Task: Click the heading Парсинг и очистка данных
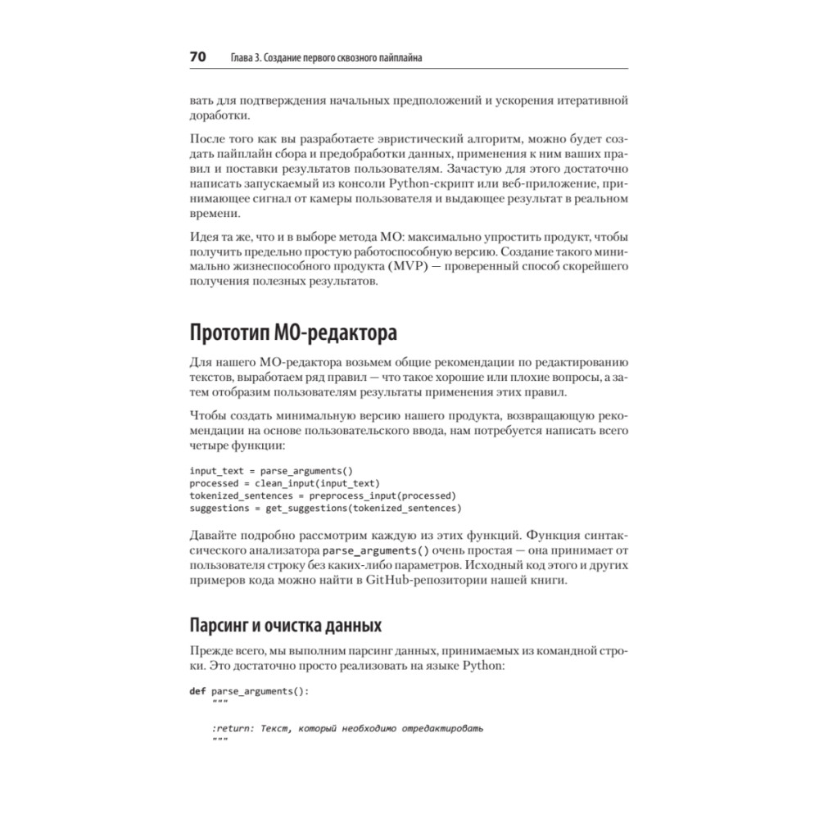coord(285,627)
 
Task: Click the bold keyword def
coord(197,690)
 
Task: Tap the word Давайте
coord(214,536)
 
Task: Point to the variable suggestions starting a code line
coord(219,508)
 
